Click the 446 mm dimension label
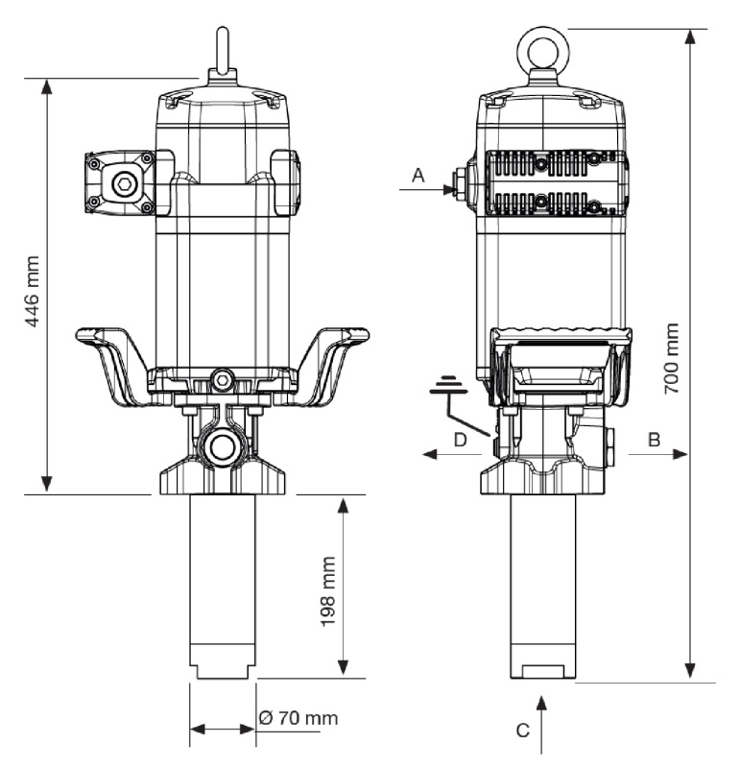coord(33,291)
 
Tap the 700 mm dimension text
coord(672,358)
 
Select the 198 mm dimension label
coord(327,591)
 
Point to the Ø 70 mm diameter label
coord(298,718)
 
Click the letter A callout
coord(418,175)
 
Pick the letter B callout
coord(655,440)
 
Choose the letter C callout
coord(523,731)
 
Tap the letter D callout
coord(461,440)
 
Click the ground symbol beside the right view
coord(448,385)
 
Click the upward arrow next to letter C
coord(541,725)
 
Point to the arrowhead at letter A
coord(449,189)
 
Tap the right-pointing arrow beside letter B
coord(658,454)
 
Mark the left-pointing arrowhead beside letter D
coord(429,454)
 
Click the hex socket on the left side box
coord(122,184)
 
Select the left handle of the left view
coord(110,363)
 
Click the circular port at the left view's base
coord(223,444)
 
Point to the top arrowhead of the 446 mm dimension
coord(46,86)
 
